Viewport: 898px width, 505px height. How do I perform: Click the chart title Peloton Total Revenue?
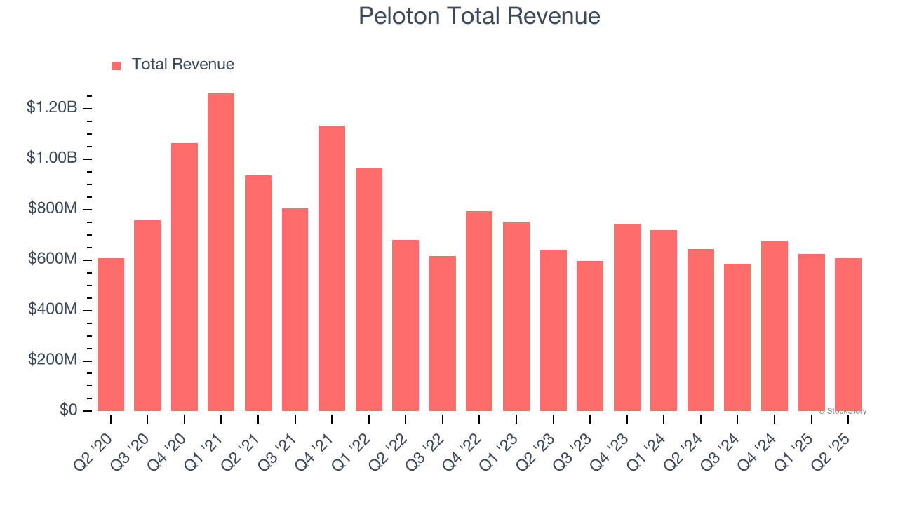tap(479, 16)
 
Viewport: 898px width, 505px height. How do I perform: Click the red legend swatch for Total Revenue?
tap(116, 65)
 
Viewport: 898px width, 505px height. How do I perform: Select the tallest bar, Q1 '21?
tap(221, 252)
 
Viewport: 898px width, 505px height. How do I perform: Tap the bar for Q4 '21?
tap(332, 268)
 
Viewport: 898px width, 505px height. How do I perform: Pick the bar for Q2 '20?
tap(111, 334)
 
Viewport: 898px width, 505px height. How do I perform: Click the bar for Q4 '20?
tap(185, 276)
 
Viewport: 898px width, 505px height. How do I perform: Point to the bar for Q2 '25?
tap(847, 334)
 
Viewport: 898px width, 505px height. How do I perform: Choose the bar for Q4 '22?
tap(479, 311)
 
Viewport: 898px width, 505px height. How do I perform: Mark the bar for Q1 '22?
tap(369, 289)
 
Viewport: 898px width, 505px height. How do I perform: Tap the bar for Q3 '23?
tap(590, 335)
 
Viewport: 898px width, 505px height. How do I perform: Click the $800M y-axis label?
tap(53, 208)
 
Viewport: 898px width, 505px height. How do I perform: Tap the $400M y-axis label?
tap(53, 309)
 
